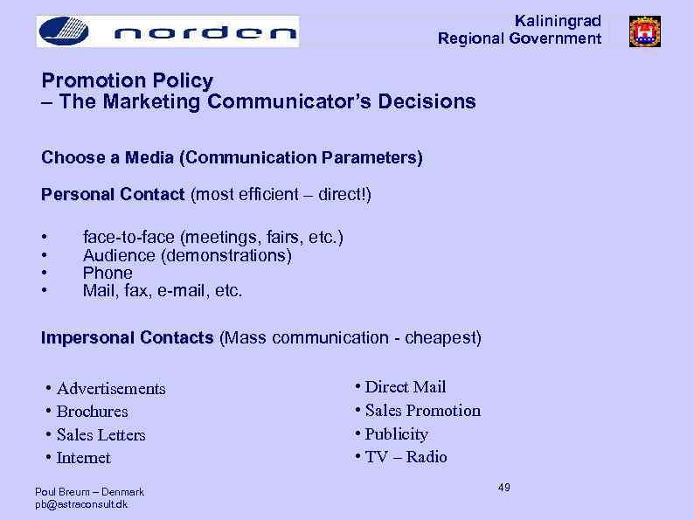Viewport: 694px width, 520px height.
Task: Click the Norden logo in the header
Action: pos(167,31)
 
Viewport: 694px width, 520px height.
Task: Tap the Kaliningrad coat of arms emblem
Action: pos(645,31)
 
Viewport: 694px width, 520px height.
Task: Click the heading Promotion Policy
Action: pos(127,80)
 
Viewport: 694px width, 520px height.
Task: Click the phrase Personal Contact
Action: pos(113,194)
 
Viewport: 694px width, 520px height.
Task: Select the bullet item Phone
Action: pos(108,273)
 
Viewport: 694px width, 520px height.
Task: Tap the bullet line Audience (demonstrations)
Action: pos(187,255)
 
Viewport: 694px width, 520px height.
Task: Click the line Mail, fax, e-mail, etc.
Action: pos(163,290)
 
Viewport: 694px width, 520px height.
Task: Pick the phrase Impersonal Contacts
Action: pos(127,337)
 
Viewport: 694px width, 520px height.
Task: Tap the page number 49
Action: pos(504,487)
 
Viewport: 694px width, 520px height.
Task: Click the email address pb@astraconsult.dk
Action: pos(81,504)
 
